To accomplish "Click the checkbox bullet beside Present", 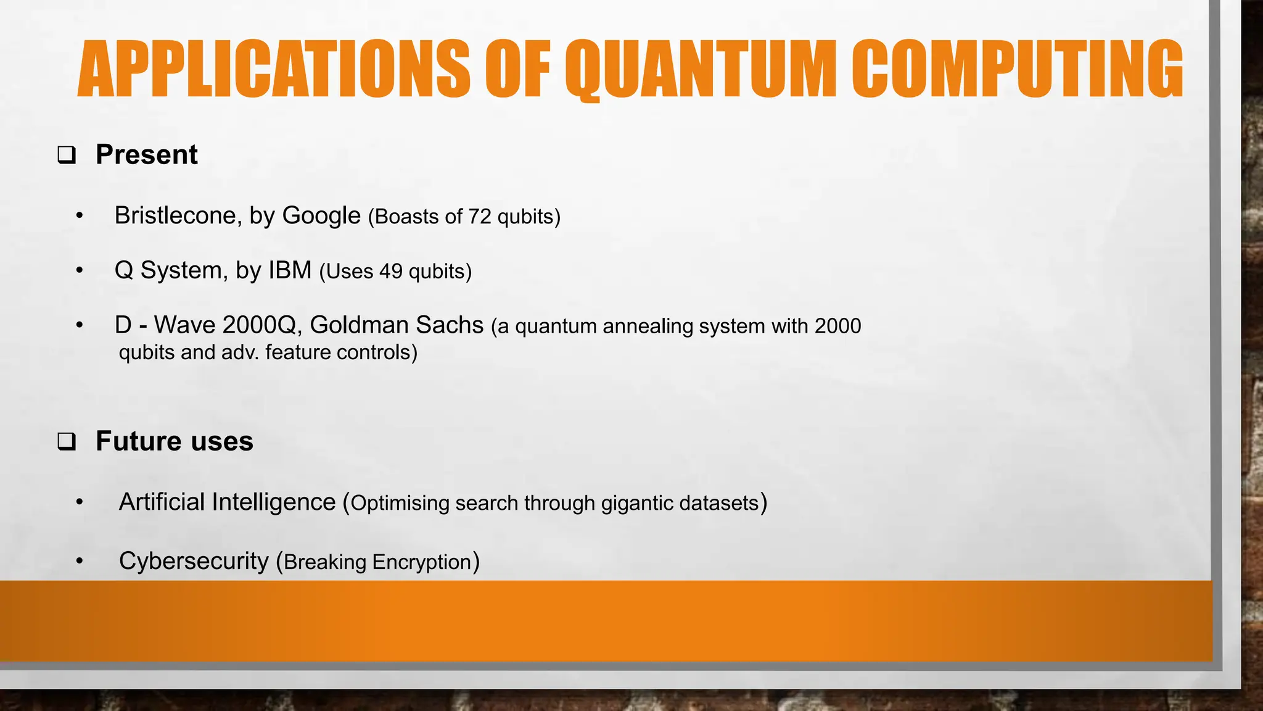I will point(67,155).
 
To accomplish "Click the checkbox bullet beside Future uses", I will point(67,442).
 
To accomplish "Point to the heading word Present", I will point(147,154).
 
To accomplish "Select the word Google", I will point(321,216).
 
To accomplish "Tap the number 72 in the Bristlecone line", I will point(479,217).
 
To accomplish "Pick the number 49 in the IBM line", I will point(391,272).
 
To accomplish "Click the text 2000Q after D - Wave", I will point(261,325).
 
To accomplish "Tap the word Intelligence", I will point(273,502).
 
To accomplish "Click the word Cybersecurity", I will point(194,561).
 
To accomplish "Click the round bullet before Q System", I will point(79,270).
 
